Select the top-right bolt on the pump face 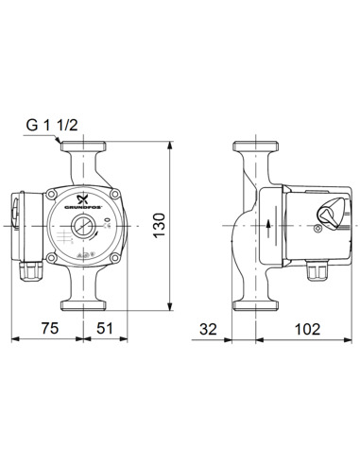click(x=115, y=195)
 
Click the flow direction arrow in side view click(x=268, y=226)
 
